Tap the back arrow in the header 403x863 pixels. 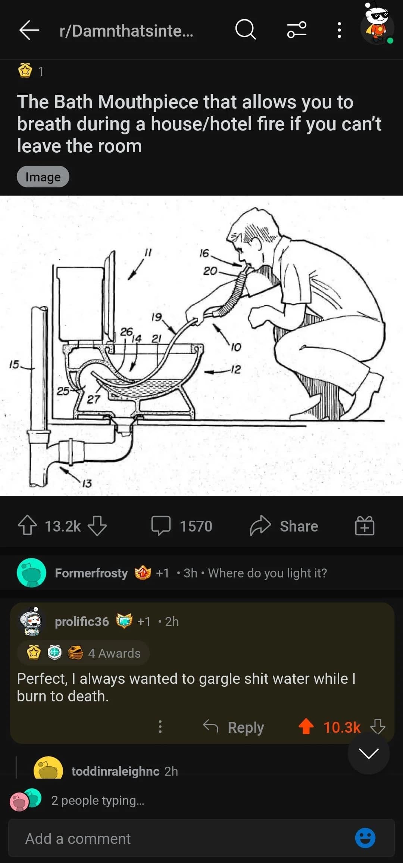[29, 30]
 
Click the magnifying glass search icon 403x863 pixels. [246, 29]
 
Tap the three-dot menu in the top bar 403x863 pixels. [339, 30]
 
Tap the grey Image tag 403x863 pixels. [43, 177]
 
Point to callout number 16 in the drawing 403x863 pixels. [204, 253]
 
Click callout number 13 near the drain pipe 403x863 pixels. [87, 484]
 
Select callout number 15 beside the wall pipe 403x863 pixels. [13, 364]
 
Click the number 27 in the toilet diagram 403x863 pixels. [93, 399]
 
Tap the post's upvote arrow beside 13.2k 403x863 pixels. [27, 526]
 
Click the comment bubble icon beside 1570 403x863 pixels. [161, 526]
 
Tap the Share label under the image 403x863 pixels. [299, 526]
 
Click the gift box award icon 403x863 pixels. [364, 526]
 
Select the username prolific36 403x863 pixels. [82, 621]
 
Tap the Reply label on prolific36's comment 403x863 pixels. [246, 727]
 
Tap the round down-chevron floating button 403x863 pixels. [368, 754]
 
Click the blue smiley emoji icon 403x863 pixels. [365, 838]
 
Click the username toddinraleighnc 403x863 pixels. [115, 771]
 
